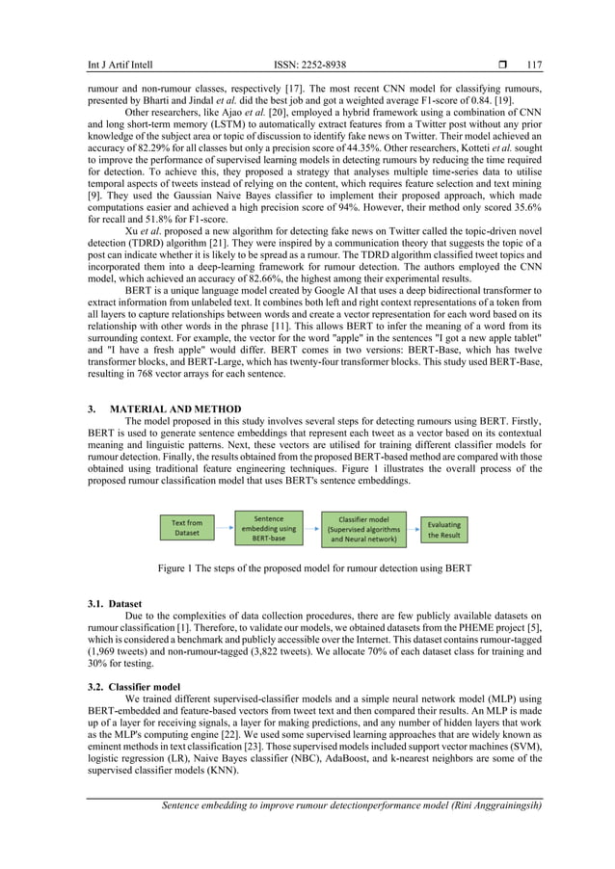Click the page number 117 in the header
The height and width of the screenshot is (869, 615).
(x=533, y=66)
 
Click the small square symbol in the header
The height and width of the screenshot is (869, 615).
(x=501, y=66)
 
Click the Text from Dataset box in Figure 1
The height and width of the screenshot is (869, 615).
(x=187, y=529)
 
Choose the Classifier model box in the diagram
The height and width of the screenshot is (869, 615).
(x=364, y=529)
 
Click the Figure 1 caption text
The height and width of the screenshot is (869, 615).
(x=314, y=568)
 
